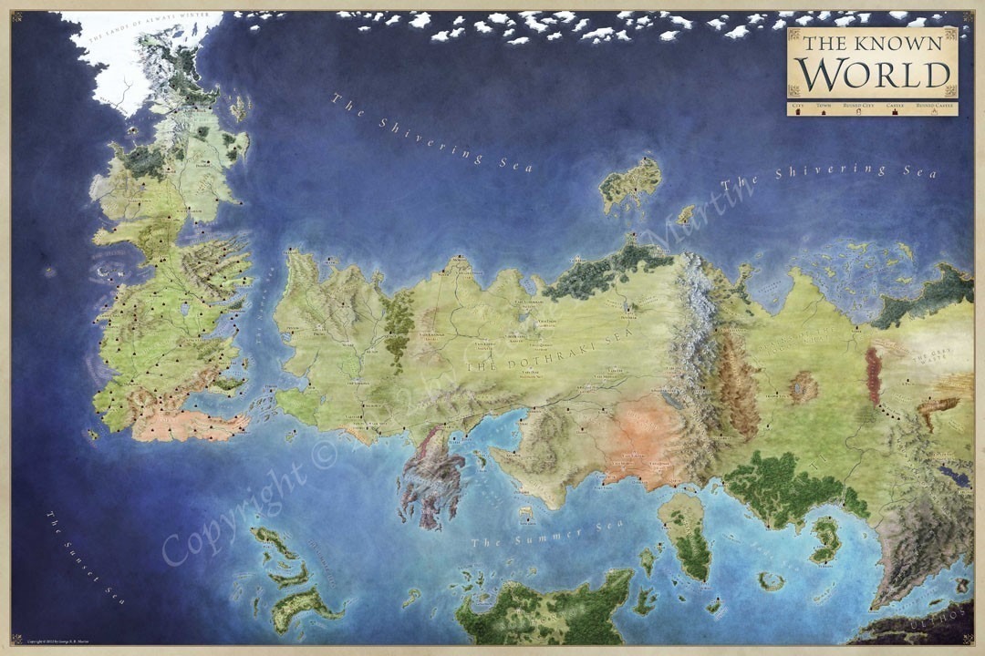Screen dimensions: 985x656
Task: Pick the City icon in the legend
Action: [799, 111]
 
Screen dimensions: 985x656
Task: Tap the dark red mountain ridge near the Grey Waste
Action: [874, 376]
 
